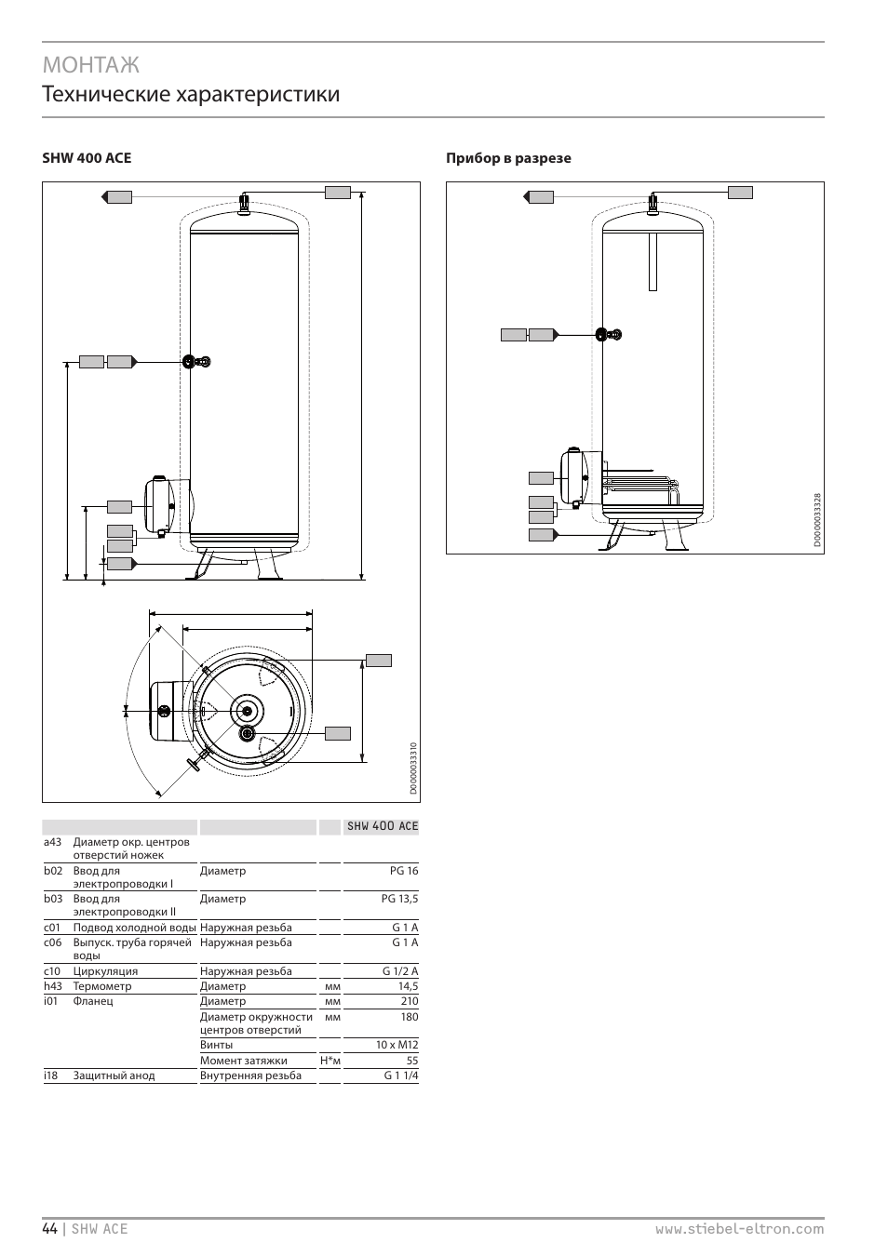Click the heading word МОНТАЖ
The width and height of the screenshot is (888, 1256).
[x=90, y=64]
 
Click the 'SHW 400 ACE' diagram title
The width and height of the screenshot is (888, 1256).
[x=87, y=158]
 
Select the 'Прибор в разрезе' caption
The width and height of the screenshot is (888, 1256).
[x=508, y=158]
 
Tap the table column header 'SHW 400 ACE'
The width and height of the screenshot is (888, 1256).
[x=382, y=826]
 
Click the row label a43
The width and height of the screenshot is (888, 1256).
[x=52, y=842]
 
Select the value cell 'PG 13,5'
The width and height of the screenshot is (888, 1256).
[x=399, y=899]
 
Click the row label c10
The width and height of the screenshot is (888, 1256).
[x=52, y=971]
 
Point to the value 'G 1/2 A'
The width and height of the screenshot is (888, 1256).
[x=400, y=971]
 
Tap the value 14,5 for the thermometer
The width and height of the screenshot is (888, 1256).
[x=408, y=986]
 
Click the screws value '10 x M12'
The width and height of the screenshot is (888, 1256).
[x=397, y=1045]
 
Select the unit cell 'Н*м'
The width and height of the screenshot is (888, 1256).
[x=330, y=1061]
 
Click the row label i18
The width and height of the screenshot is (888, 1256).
[x=51, y=1076]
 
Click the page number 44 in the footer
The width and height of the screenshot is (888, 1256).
[x=49, y=1228]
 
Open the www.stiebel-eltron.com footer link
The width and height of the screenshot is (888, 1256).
[x=739, y=1228]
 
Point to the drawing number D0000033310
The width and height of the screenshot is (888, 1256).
[x=413, y=768]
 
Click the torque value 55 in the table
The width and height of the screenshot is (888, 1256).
[x=411, y=1061]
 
